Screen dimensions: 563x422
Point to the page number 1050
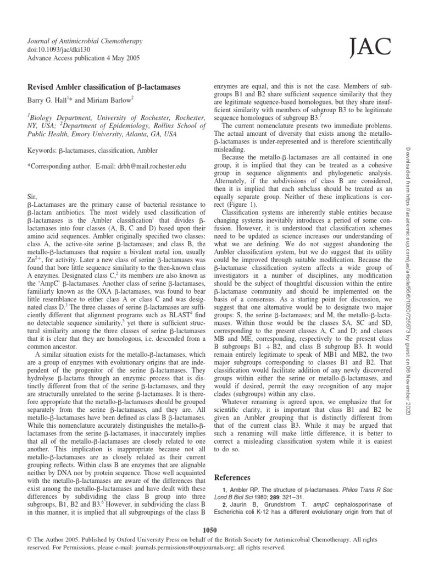coord(210,529)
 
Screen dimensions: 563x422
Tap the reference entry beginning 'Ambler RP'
coord(286,493)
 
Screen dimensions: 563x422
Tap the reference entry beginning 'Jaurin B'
coord(286,508)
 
